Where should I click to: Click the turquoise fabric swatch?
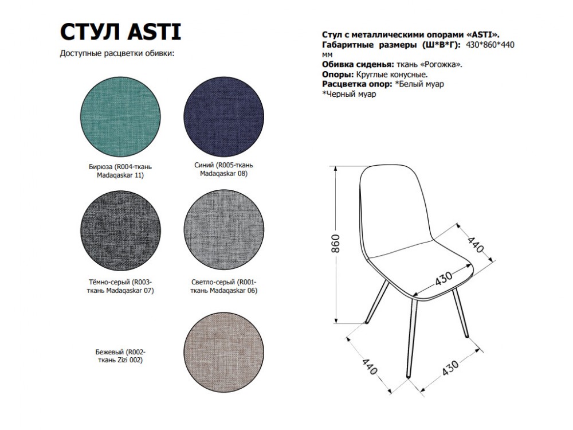[x=120, y=117]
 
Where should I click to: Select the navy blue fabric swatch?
[x=223, y=117]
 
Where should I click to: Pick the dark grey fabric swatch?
[x=120, y=230]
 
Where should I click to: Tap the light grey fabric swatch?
[x=223, y=230]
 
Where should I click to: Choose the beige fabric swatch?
[x=223, y=353]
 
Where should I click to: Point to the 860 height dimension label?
[x=335, y=244]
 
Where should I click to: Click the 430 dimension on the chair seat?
[x=444, y=279]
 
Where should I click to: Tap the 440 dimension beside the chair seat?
[x=476, y=245]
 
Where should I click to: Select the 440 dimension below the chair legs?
[x=370, y=367]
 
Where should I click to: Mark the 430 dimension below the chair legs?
[x=450, y=368]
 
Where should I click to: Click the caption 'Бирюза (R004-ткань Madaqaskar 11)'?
[x=120, y=171]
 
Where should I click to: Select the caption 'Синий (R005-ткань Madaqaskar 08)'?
[x=223, y=169]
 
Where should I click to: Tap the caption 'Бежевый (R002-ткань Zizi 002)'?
[x=120, y=356]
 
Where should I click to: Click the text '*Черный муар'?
[x=349, y=94]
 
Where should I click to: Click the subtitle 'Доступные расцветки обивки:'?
[x=117, y=53]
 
